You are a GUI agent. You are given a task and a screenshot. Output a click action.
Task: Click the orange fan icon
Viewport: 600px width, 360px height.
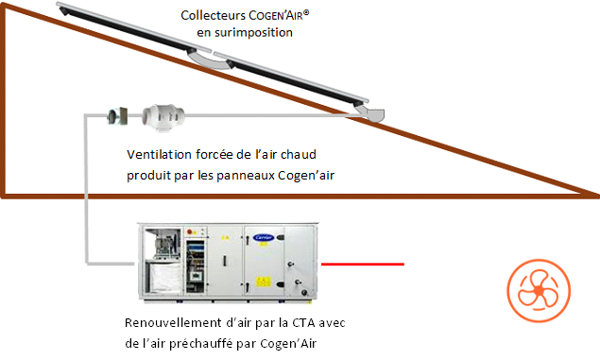tap(539, 291)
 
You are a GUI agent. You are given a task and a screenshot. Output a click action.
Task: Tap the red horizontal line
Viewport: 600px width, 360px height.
tap(363, 264)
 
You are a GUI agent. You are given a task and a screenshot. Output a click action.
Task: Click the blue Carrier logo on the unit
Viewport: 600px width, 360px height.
tap(264, 237)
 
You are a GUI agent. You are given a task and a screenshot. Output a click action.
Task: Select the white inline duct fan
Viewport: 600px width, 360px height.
tap(163, 116)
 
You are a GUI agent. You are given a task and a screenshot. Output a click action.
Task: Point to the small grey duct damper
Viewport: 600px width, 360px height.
tap(117, 116)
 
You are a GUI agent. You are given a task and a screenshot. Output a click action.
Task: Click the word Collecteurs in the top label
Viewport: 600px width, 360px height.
tap(214, 16)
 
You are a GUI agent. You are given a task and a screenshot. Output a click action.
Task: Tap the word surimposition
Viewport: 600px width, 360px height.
tap(253, 33)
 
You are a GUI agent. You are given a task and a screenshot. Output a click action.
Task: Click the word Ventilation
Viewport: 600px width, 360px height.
tap(159, 155)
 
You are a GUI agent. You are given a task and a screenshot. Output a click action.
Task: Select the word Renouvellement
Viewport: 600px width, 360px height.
tap(173, 323)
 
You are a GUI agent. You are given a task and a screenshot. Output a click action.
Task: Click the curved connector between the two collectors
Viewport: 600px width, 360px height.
tap(210, 60)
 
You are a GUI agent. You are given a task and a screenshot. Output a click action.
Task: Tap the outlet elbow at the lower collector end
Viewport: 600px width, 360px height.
tap(370, 112)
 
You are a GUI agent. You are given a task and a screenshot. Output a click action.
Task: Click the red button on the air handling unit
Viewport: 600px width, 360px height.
tap(189, 231)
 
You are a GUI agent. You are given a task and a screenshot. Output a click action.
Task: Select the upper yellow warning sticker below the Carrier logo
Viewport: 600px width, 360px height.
tap(264, 244)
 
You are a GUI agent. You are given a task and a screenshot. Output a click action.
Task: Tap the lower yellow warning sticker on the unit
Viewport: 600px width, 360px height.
tap(263, 282)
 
